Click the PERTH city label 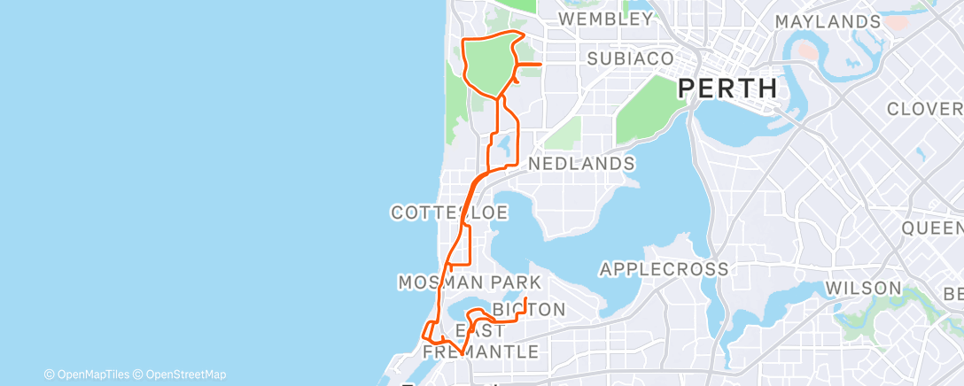point(727,89)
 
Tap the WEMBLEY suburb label point(606,19)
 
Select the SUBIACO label point(631,58)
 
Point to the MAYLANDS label point(827,21)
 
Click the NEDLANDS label point(581,164)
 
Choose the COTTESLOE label point(449,212)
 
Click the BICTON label point(528,309)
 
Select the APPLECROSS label point(664,268)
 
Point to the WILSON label point(862,289)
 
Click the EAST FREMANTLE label point(480,341)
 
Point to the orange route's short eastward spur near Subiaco point(529,65)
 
